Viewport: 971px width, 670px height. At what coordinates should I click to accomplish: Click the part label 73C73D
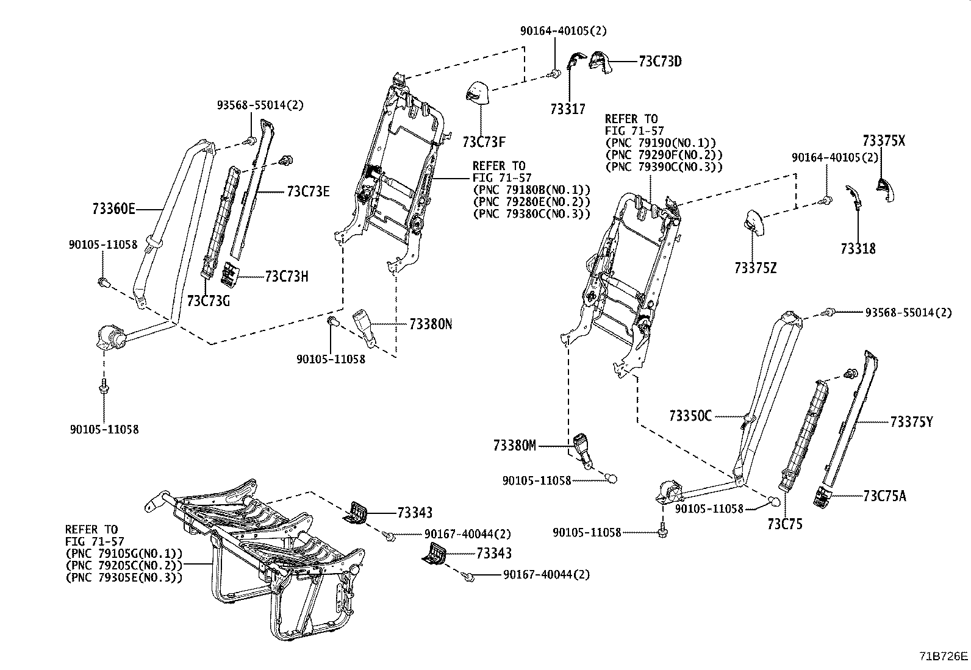coord(660,62)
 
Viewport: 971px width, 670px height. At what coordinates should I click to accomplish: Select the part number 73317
coord(567,109)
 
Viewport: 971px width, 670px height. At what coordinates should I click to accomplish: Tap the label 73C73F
coord(484,143)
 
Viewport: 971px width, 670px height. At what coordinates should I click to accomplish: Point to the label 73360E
coord(113,208)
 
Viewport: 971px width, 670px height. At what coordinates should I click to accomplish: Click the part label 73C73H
coord(286,277)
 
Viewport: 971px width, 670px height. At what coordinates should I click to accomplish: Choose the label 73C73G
coord(208,301)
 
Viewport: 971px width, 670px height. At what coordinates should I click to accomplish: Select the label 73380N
coord(431,324)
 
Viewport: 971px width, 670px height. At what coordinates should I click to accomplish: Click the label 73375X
coord(884,141)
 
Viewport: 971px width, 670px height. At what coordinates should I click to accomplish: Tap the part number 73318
coord(858,249)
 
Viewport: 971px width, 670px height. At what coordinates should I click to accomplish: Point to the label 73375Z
coord(755,268)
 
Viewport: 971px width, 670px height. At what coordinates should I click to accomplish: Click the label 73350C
coord(690,416)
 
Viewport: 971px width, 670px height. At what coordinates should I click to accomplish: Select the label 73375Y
coord(911,421)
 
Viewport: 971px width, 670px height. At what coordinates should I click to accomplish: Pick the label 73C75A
coord(884,496)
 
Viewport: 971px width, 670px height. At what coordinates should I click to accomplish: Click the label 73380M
coord(515,446)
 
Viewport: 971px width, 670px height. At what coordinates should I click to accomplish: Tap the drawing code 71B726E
coord(944,657)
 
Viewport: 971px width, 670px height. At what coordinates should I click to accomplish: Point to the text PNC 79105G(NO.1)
coord(124,554)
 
